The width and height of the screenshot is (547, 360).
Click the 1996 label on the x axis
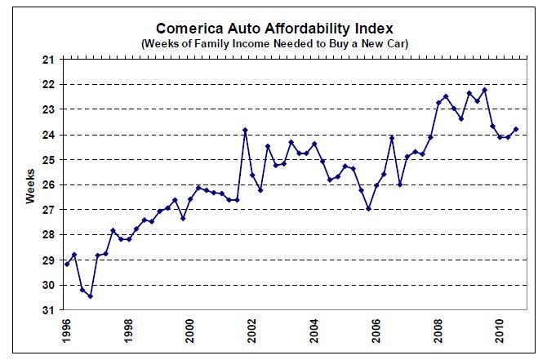pyautogui.click(x=66, y=331)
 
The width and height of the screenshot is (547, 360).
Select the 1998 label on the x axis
pyautogui.click(x=128, y=331)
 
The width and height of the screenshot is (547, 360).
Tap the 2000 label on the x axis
pyautogui.click(x=190, y=331)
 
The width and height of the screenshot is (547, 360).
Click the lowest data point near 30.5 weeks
pyautogui.click(x=90, y=296)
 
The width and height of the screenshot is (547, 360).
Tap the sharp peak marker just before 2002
pyautogui.click(x=245, y=130)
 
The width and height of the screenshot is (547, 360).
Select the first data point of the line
pyautogui.click(x=67, y=264)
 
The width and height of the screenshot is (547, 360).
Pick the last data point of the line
pyautogui.click(x=516, y=129)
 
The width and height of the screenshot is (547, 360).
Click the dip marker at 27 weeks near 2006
pyautogui.click(x=369, y=209)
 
